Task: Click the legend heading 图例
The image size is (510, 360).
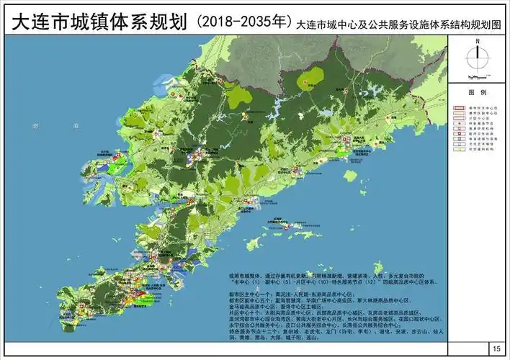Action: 478,94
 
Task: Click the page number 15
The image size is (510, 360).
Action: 496,348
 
